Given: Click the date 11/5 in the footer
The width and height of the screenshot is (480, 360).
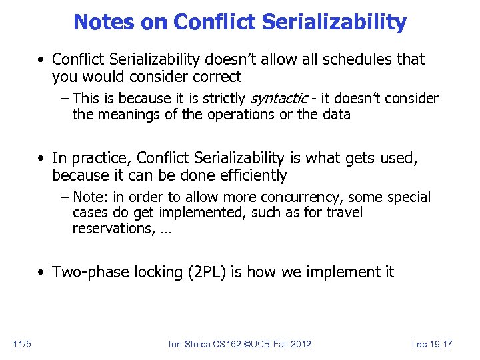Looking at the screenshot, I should (21, 344).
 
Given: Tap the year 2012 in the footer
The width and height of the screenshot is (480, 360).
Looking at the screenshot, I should (300, 344).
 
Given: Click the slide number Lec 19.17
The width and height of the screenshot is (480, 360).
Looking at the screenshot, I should (431, 344).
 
